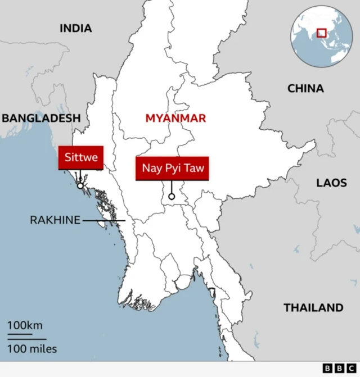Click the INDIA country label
(75, 28)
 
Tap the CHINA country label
(305, 88)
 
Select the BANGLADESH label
(41, 118)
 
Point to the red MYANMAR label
(175, 118)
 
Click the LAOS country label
(331, 183)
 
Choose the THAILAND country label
(313, 307)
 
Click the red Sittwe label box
(81, 157)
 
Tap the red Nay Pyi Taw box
(172, 168)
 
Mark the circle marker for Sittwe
(80, 185)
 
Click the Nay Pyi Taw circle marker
(172, 197)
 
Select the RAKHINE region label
(55, 220)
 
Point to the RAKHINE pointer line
(104, 221)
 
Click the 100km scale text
(25, 325)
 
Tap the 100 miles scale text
(32, 349)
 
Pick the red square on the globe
(321, 33)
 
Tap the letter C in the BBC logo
(351, 369)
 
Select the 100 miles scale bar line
(27, 339)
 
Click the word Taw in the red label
(194, 168)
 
